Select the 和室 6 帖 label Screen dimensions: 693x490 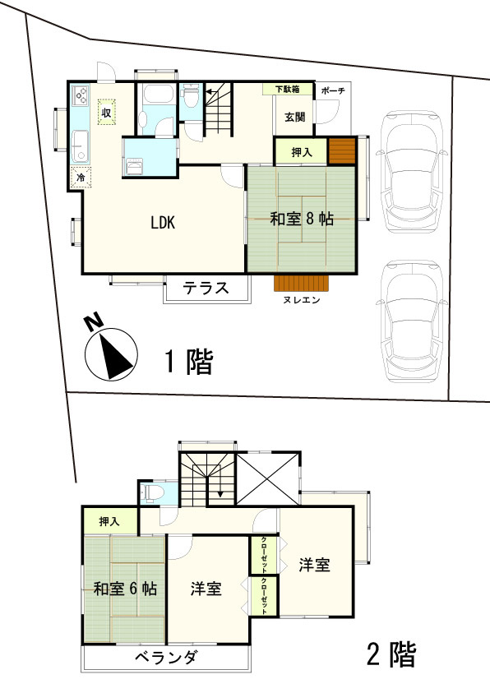click(x=125, y=589)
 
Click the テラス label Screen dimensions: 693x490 click(x=206, y=289)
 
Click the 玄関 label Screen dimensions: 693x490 click(x=295, y=117)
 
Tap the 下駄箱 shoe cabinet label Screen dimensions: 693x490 click(x=288, y=89)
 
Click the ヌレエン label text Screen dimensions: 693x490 click(x=301, y=301)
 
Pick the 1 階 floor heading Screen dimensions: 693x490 click(x=188, y=362)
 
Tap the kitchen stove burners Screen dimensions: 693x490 click(x=81, y=95)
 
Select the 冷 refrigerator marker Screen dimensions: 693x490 click(x=81, y=177)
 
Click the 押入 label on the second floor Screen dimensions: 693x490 click(x=109, y=521)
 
